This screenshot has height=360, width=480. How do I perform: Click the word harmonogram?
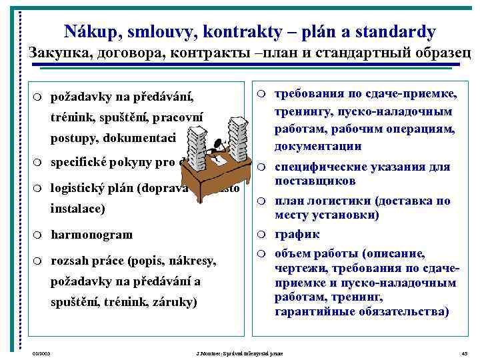click(92, 235)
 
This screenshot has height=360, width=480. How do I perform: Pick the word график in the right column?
click(297, 235)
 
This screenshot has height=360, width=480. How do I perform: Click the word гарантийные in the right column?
click(314, 311)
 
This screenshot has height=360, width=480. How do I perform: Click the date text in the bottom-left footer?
click(41, 352)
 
